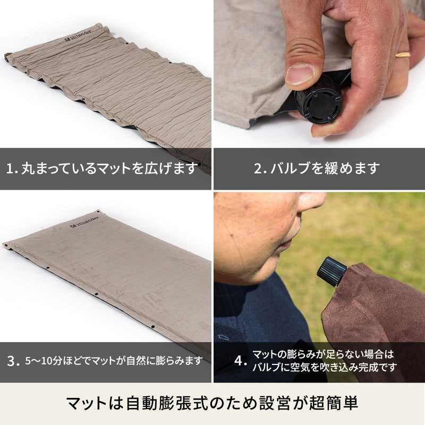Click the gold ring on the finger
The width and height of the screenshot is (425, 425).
click(403, 55)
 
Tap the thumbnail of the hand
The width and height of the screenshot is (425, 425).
click(300, 74)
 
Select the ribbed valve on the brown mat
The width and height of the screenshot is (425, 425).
click(331, 271)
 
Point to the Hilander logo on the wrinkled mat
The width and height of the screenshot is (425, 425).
click(78, 36)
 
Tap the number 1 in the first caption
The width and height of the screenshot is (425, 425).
click(10, 169)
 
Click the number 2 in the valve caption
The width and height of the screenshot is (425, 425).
click(257, 168)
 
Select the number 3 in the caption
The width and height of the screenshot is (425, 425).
click(11, 361)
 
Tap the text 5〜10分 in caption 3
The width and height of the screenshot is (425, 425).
click(44, 361)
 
